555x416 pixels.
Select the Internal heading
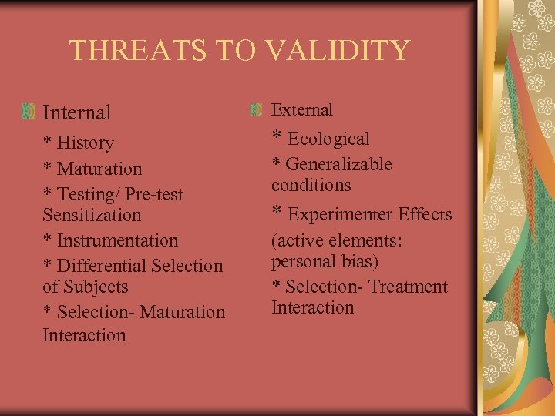77,112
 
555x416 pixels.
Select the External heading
302,110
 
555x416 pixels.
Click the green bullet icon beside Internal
29,112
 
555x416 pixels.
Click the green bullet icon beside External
257,109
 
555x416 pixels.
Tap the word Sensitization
92,215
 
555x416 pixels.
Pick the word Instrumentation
117,240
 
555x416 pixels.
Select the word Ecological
328,139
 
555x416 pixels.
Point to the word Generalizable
338,165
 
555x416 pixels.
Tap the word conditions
311,185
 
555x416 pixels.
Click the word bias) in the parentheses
356,261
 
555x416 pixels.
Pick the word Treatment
408,287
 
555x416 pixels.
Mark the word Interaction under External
312,307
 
